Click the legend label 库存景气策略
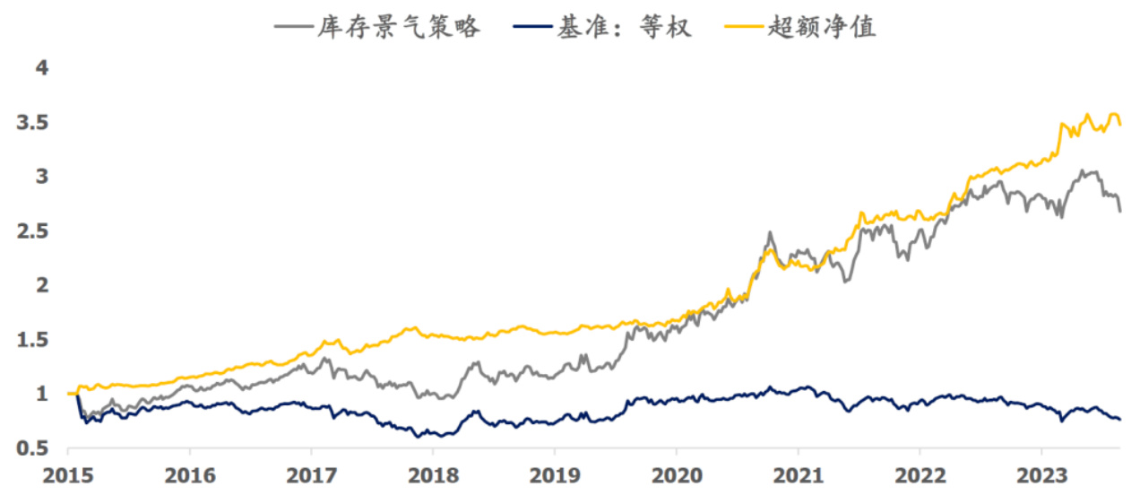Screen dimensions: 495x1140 coord(399,27)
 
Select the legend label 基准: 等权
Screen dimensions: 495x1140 coord(624,27)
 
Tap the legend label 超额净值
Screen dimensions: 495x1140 coord(822,27)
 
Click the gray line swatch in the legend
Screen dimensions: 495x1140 coord(294,27)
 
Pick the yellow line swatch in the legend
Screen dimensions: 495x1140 coord(743,27)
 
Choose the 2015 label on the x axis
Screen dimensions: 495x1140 coord(68,474)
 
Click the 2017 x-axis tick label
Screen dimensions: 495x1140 coord(311,474)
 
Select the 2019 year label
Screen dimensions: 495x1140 coord(555,474)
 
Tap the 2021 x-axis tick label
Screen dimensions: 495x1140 coord(799,474)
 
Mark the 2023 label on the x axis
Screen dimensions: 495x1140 coord(1041,474)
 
